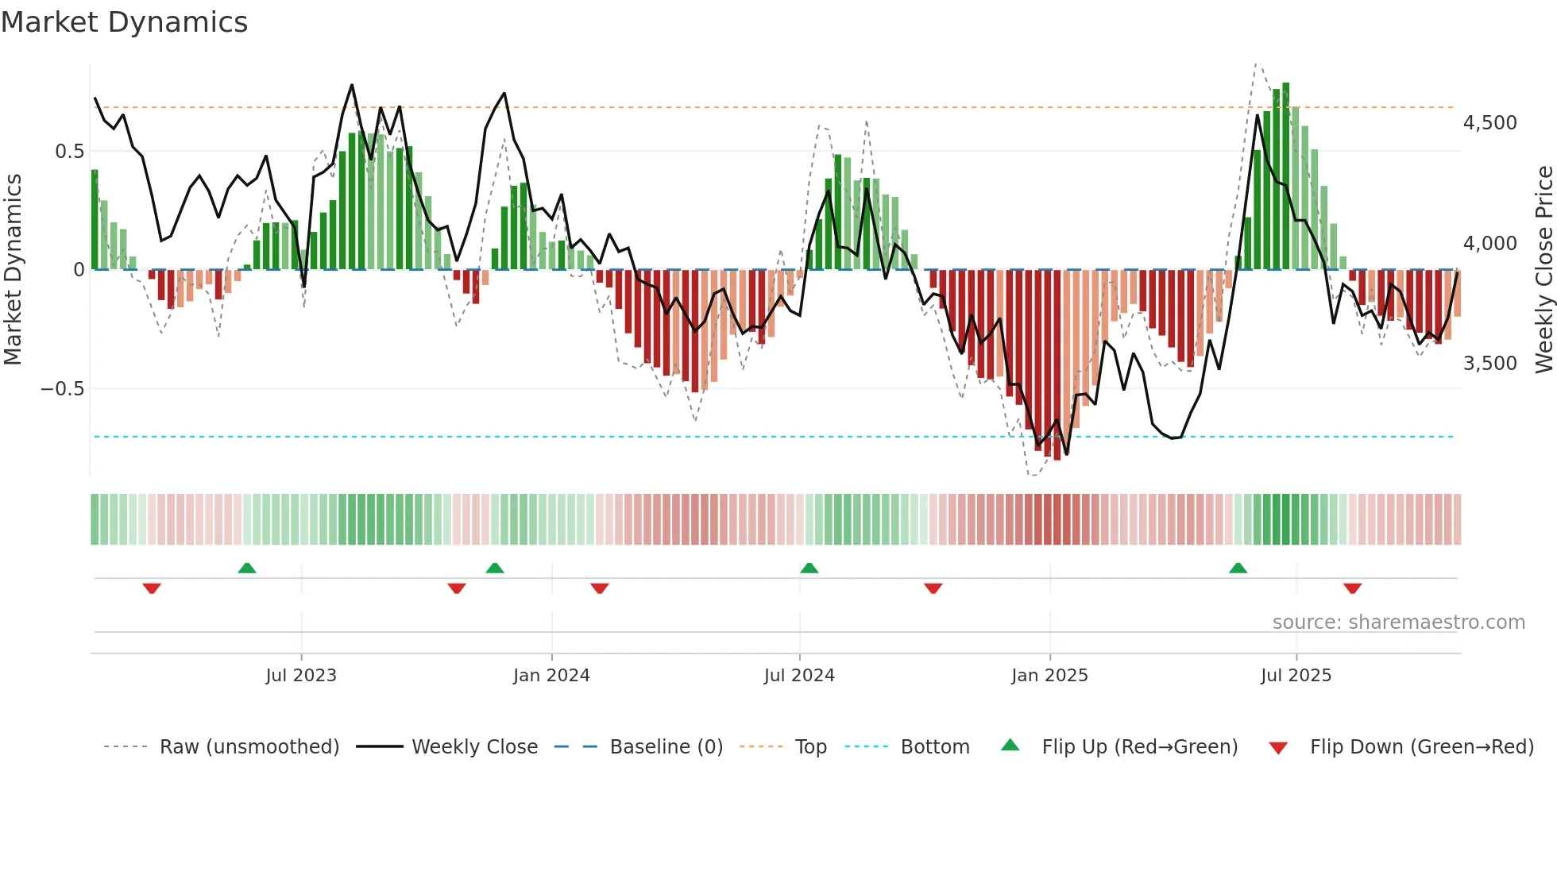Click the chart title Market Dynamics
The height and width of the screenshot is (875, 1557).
(124, 22)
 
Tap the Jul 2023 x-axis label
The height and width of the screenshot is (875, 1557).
(301, 676)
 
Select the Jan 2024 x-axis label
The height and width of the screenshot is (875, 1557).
(551, 676)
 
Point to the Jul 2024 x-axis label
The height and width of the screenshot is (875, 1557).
(799, 676)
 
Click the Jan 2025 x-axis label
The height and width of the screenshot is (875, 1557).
(1049, 676)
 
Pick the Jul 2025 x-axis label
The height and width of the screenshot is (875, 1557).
(1296, 676)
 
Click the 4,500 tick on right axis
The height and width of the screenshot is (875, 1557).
(1489, 123)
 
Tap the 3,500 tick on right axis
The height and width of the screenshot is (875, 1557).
(1489, 364)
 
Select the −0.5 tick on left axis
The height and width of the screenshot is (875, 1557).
(62, 389)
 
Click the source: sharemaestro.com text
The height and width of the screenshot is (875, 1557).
(1398, 623)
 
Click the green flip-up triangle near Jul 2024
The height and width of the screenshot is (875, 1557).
(809, 568)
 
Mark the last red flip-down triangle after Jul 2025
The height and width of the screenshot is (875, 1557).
(1352, 588)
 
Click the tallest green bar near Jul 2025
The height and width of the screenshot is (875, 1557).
(1285, 176)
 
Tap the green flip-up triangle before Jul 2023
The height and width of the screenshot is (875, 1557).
(247, 568)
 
